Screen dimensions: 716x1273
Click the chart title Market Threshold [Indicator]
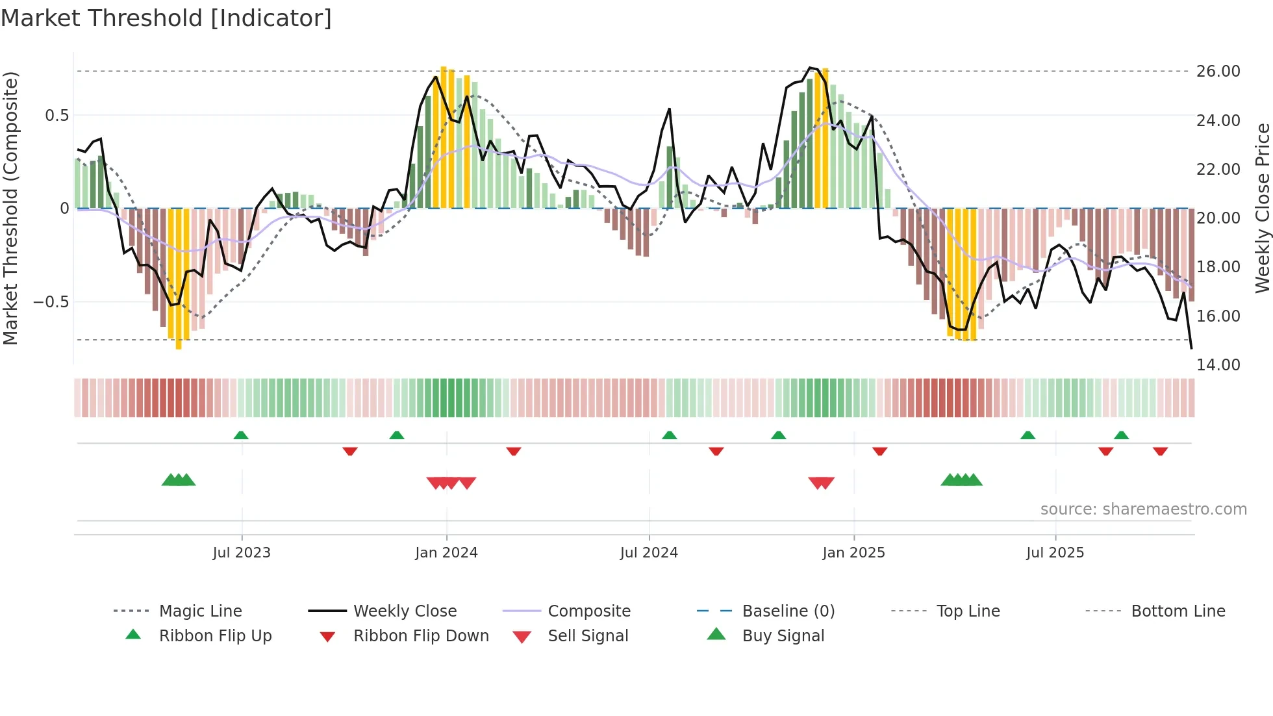pyautogui.click(x=166, y=18)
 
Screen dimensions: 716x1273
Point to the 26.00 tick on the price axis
pyautogui.click(x=1218, y=71)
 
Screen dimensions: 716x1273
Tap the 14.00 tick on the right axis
pyautogui.click(x=1218, y=365)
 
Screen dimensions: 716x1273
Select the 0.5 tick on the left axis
pyautogui.click(x=57, y=116)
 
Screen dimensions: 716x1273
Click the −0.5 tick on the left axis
pyautogui.click(x=51, y=302)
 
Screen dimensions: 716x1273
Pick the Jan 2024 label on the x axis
pyautogui.click(x=446, y=553)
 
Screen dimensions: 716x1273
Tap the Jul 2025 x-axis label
pyautogui.click(x=1055, y=553)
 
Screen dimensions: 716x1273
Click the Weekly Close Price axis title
pyautogui.click(x=1262, y=208)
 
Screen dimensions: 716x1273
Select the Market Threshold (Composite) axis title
pyautogui.click(x=10, y=208)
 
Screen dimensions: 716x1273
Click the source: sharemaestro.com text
pyautogui.click(x=1143, y=509)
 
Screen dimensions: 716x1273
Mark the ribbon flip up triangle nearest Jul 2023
pyautogui.click(x=241, y=435)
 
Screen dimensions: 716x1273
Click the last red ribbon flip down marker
pyautogui.click(x=1160, y=451)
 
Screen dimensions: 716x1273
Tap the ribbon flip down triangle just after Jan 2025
pyautogui.click(x=879, y=451)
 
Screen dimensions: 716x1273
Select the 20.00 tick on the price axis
pyautogui.click(x=1218, y=218)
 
